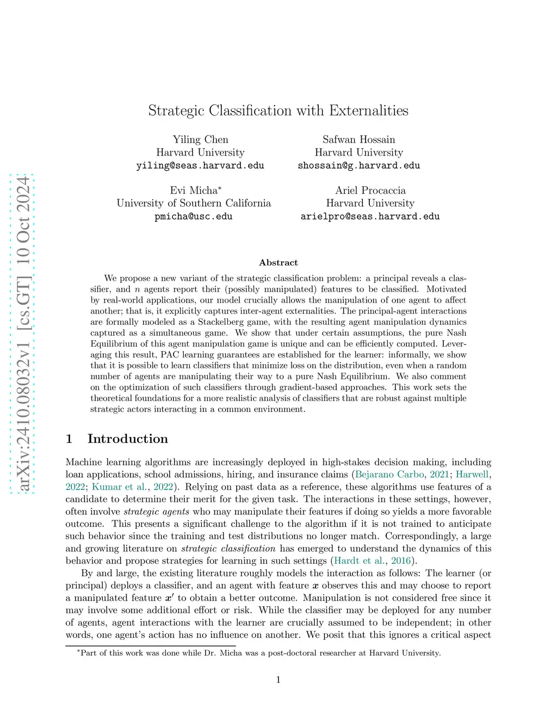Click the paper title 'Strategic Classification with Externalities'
coord(278,110)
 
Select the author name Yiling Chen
coord(200,139)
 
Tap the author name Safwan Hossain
coord(358,139)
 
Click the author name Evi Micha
coord(193,190)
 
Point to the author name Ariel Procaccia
coord(370,190)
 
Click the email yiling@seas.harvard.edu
coord(200,165)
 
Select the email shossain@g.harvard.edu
coord(358,165)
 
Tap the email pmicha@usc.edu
coord(193,217)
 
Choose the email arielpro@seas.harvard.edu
coord(370,217)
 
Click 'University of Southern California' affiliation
coord(193,203)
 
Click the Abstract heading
coord(278,262)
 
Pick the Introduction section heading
coord(127,439)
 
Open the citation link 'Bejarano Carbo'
coord(389,474)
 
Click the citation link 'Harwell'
coord(472,474)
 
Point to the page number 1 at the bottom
coord(278,679)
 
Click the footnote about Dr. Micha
coord(260,653)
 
